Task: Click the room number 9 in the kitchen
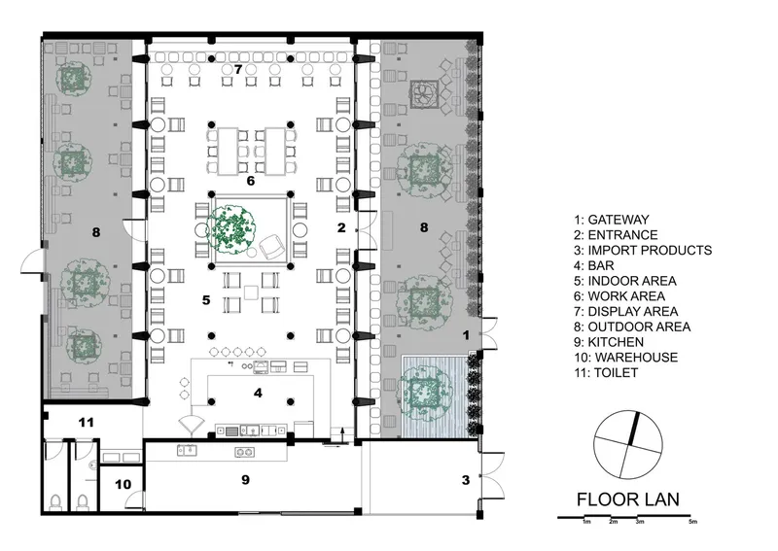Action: pos(245,480)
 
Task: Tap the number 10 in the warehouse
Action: pos(124,484)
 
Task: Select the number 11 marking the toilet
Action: pos(86,423)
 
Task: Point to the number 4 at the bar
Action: pos(258,393)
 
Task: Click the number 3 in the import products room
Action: pos(466,480)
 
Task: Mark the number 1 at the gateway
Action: pos(466,335)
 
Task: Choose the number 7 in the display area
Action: pos(238,69)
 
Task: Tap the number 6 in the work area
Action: pos(251,181)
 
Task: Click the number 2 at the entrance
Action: pos(341,227)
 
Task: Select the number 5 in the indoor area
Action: pos(206,299)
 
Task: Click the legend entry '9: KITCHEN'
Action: pos(609,342)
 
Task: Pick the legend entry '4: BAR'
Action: pos(594,266)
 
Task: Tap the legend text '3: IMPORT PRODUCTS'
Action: pos(643,251)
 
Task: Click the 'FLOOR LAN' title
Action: pos(627,499)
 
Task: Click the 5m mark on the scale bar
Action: pos(692,521)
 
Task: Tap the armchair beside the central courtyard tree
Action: pos(271,246)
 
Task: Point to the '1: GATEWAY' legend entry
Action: pos(612,220)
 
